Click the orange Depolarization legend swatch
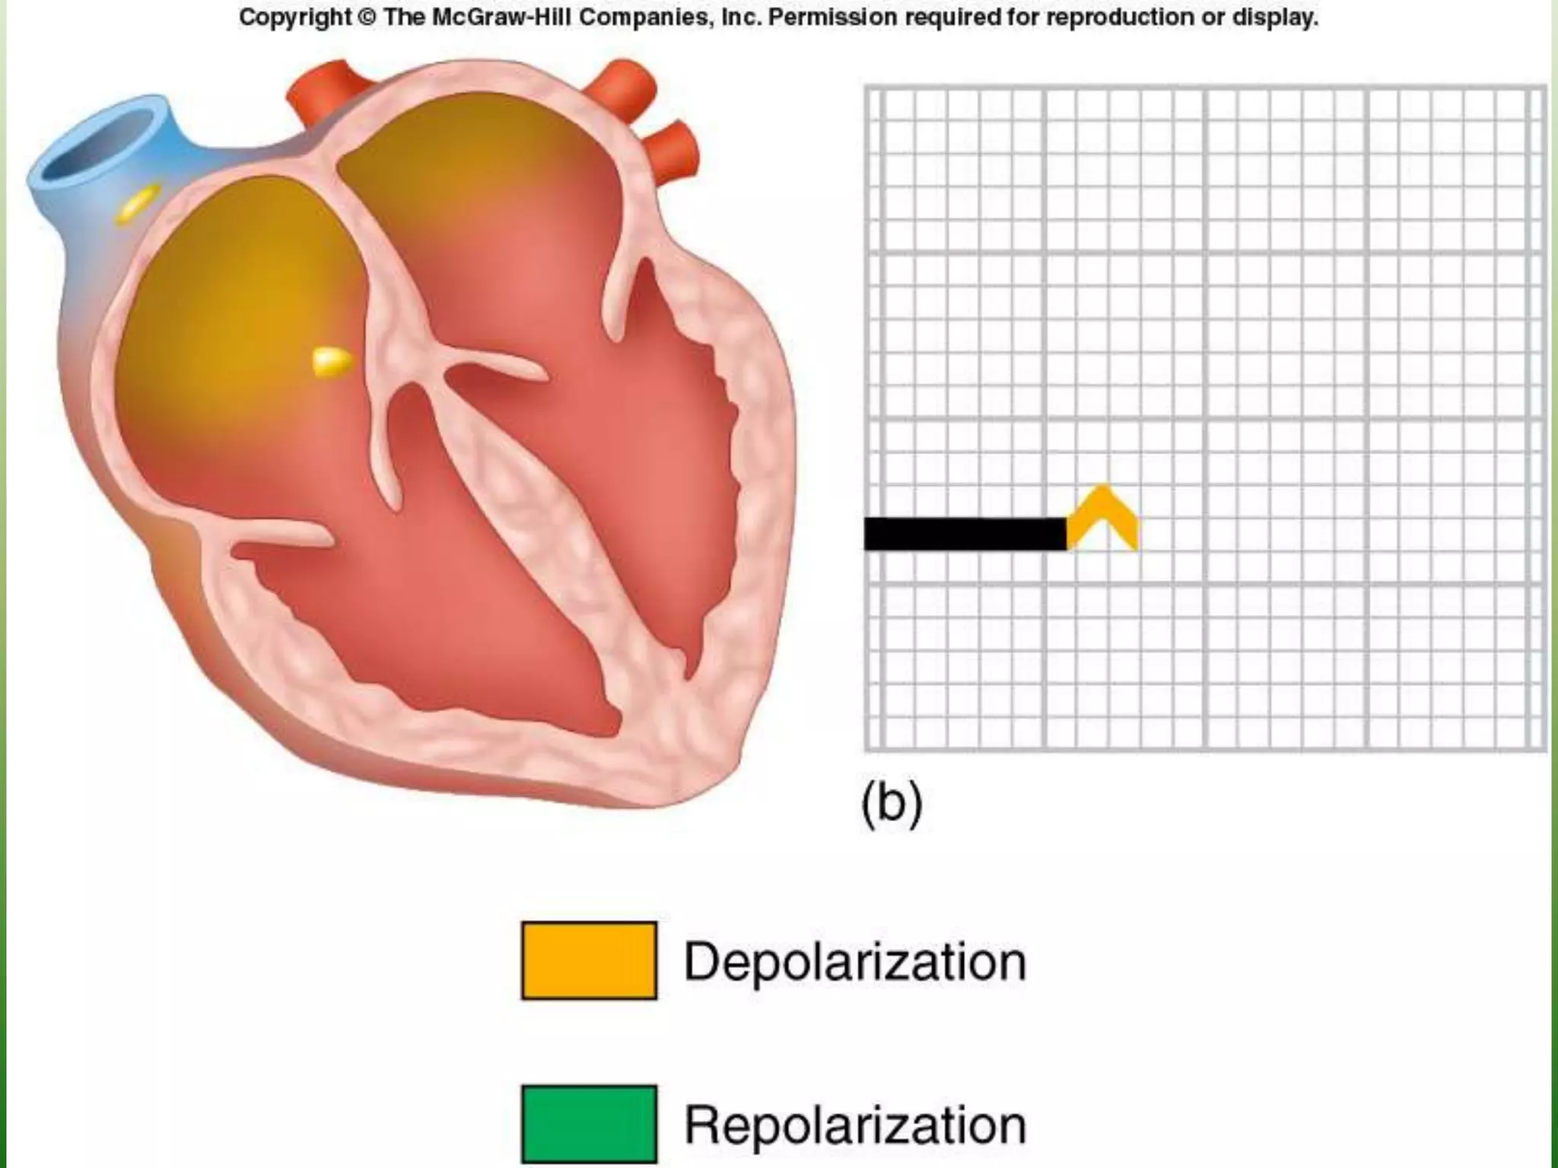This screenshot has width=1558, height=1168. tap(589, 960)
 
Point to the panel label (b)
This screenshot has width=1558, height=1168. tap(892, 803)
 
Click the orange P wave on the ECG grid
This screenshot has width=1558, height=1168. tap(1102, 517)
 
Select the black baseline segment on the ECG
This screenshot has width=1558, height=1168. tap(965, 533)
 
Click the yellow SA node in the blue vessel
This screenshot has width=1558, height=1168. tap(138, 203)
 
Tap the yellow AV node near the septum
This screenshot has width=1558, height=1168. tap(333, 362)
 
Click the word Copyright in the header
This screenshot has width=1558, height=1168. tap(295, 17)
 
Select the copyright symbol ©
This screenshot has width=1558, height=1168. tap(367, 17)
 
